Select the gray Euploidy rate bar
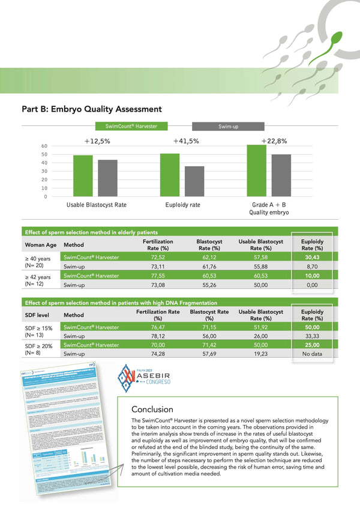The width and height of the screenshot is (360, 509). coord(194,181)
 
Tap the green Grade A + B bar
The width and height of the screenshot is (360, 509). coord(256,170)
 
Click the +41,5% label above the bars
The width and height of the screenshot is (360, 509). coord(186,141)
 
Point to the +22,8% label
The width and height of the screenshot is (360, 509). coord(274,141)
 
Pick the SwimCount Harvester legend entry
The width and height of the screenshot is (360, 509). coord(131,127)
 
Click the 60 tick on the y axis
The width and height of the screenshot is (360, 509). coord(44,146)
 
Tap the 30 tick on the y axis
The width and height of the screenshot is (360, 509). coord(44,171)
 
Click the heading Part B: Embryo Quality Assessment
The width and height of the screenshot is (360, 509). coord(92,109)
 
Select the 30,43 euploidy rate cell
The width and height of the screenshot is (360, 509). coord(311,258)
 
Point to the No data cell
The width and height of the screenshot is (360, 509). coord(311,355)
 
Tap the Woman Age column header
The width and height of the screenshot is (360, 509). coord(41,245)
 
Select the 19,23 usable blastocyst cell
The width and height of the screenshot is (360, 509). coord(260,355)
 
